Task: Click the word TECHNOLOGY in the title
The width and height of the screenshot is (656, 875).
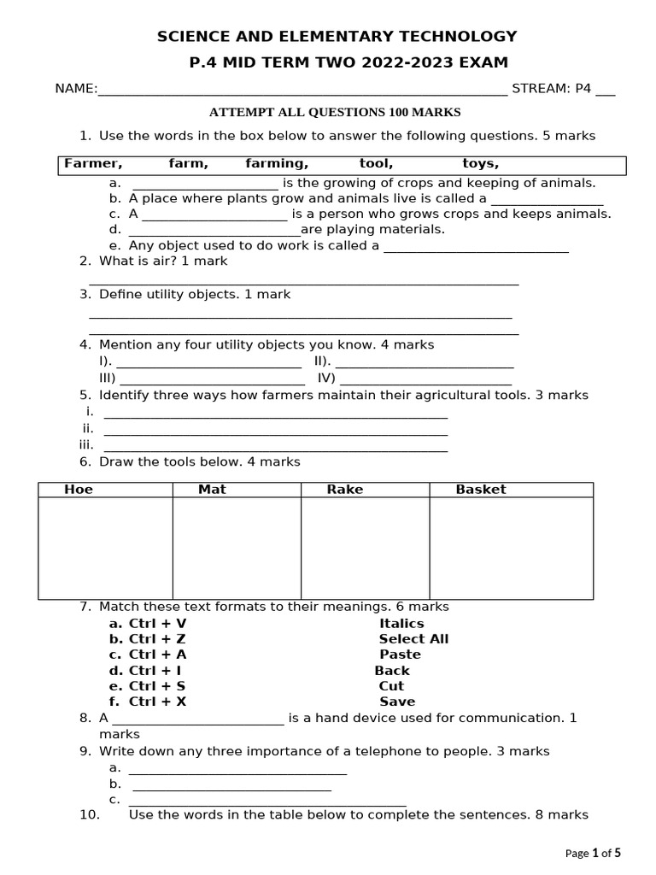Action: pos(460,36)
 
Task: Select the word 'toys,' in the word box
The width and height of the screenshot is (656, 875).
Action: pos(480,163)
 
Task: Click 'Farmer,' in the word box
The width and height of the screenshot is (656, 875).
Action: pos(93,163)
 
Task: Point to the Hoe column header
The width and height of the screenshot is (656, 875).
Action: pos(79,490)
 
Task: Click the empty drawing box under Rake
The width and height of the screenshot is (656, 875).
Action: pos(365,548)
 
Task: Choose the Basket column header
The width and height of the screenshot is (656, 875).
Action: pos(480,490)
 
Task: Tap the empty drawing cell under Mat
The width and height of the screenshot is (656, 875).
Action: pos(237,548)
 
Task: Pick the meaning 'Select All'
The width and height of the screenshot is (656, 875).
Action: pos(413,639)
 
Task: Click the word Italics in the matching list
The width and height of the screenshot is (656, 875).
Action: pos(401,624)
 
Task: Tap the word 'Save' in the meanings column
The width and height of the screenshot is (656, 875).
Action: pos(397,702)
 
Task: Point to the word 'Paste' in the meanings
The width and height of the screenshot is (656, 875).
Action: pos(400,655)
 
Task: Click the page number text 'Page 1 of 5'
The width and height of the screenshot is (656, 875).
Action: pos(593,852)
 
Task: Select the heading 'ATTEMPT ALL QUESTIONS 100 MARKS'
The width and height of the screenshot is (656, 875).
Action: pos(335,112)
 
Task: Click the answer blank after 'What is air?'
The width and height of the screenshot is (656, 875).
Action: pos(303,281)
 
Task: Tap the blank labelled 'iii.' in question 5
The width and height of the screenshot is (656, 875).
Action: pos(275,449)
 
